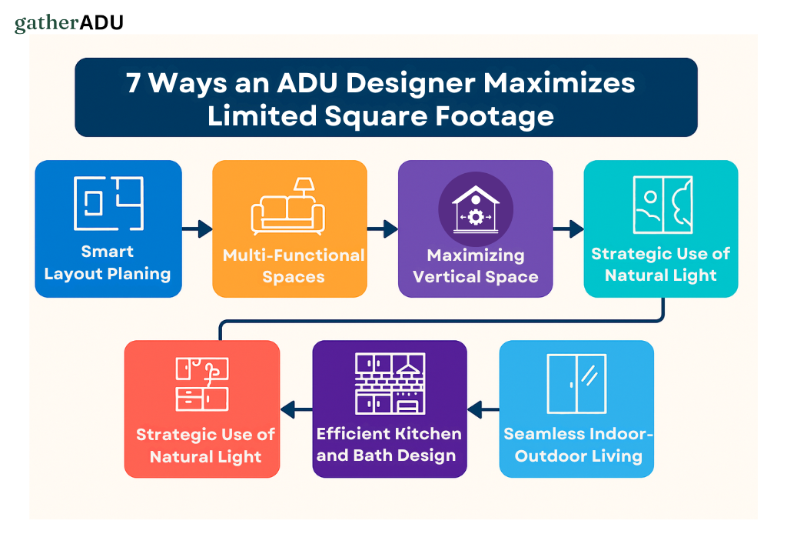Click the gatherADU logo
(68, 22)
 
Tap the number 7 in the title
(134, 82)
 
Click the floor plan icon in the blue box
(108, 203)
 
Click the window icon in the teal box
(662, 205)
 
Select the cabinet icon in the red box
(202, 383)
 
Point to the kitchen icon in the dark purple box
(390, 383)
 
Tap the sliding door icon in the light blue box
(576, 383)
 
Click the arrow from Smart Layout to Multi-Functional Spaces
(197, 229)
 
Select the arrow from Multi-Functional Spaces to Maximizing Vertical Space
(382, 229)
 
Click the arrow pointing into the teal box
(569, 229)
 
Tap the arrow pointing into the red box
(296, 409)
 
